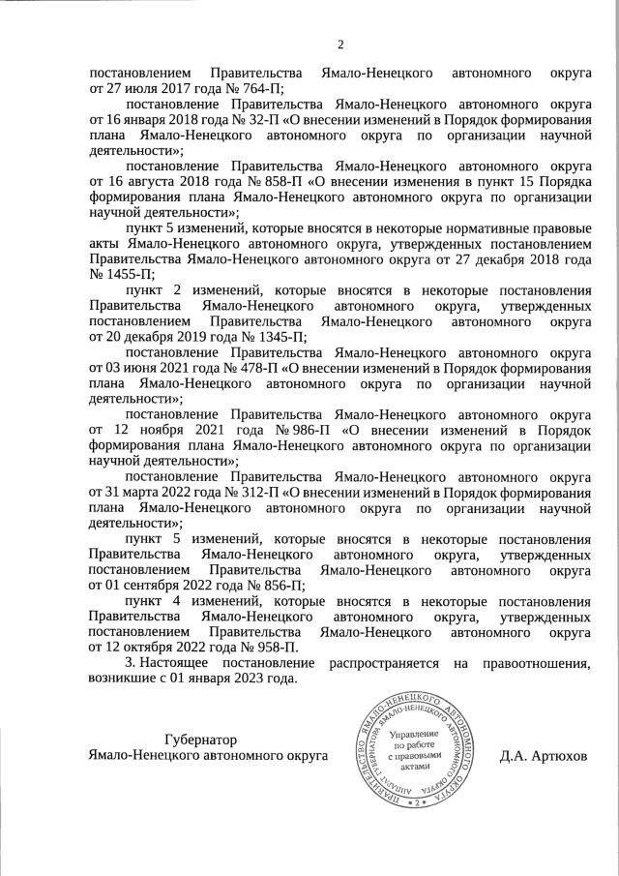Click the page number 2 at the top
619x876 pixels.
click(340, 44)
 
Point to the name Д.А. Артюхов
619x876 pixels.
click(544, 754)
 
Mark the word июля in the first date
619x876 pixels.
click(143, 88)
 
